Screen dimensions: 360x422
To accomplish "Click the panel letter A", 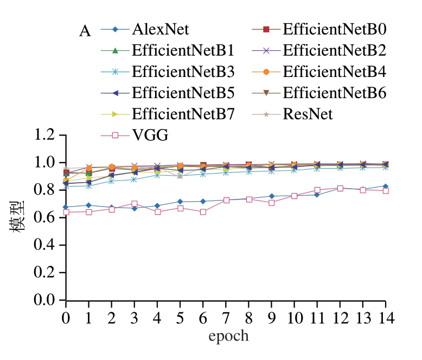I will [x=85, y=31].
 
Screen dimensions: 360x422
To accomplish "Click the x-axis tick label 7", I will [x=226, y=317].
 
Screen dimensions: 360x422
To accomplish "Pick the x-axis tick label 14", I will [x=385, y=317].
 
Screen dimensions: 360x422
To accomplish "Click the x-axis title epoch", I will [x=228, y=336].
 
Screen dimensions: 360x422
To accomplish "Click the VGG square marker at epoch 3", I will [x=135, y=204].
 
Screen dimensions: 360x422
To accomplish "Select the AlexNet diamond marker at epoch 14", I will [x=386, y=187].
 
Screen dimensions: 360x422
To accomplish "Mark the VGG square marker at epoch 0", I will [x=66, y=212].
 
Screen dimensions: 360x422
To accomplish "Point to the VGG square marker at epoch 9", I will [x=272, y=203].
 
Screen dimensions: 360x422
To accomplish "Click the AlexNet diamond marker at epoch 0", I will [x=66, y=207].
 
